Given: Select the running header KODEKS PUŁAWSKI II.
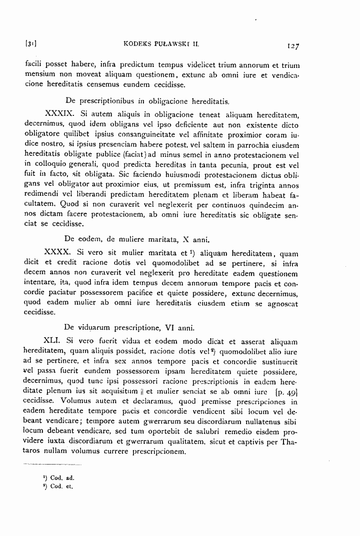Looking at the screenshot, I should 161,44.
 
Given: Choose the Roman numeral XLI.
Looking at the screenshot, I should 52,341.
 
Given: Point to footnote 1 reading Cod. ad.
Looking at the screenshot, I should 59,477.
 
